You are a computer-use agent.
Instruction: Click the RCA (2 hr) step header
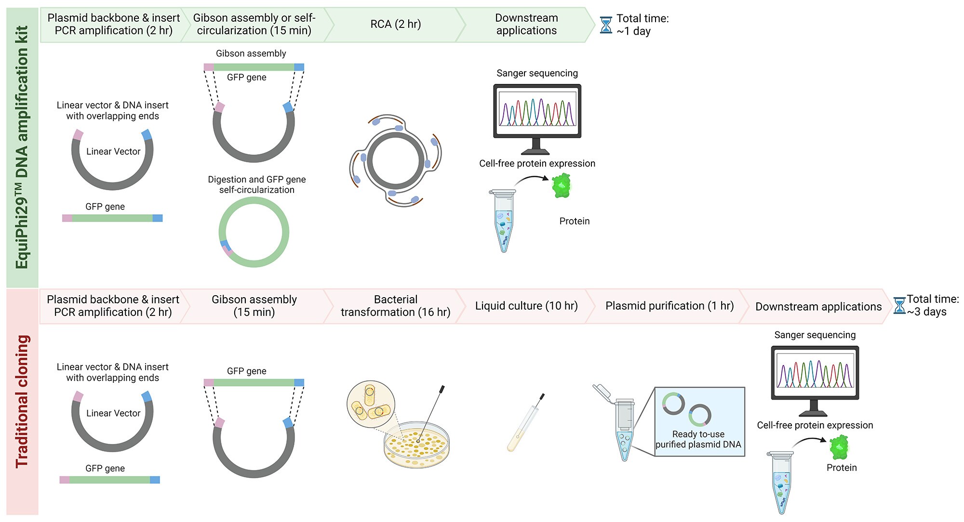point(395,24)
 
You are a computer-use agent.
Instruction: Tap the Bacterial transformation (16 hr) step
point(395,306)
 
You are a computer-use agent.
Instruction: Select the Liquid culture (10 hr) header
point(526,306)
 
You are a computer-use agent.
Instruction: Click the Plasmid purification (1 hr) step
point(669,306)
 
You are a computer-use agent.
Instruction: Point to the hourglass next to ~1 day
point(606,25)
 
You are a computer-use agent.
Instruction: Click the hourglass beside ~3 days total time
point(899,306)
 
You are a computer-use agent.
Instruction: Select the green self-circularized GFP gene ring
point(254,232)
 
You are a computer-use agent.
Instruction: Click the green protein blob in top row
point(561,185)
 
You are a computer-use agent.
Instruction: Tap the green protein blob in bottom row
point(839,447)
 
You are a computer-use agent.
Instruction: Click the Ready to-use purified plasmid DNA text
point(698,439)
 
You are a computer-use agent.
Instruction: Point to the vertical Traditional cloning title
point(22,401)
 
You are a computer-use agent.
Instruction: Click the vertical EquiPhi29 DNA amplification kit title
point(22,147)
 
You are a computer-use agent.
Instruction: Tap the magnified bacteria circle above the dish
point(371,404)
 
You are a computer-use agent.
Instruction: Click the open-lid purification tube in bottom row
point(622,424)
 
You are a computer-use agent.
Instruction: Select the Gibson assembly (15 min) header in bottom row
point(254,306)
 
